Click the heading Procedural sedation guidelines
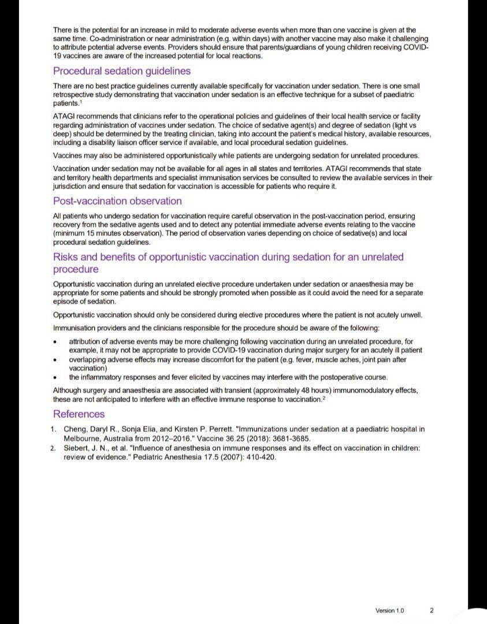point(121,71)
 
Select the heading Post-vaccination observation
point(117,201)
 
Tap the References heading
point(79,414)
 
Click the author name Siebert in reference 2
point(77,448)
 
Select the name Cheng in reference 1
point(76,429)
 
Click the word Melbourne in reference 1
point(83,439)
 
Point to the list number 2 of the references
point(53,448)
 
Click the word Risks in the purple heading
point(66,257)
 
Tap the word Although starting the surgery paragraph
point(69,391)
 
